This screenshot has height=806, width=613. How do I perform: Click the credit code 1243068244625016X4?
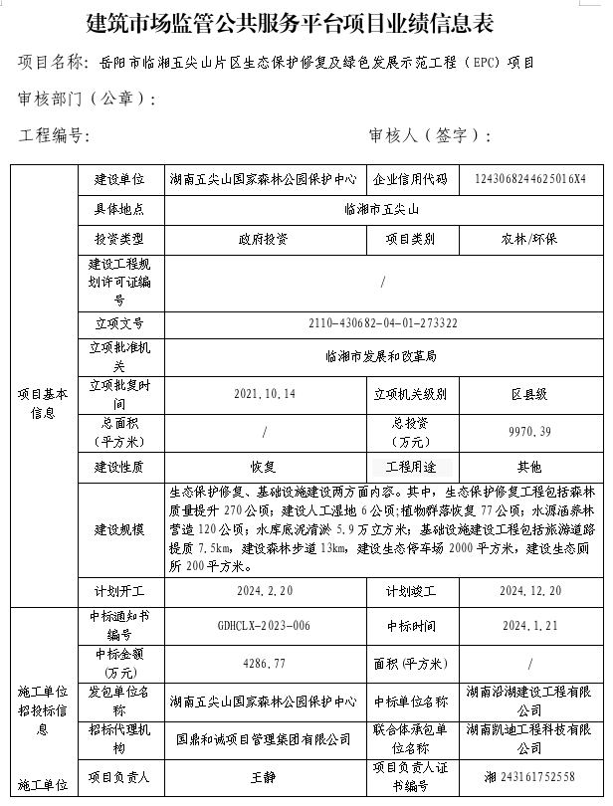pyautogui.click(x=530, y=180)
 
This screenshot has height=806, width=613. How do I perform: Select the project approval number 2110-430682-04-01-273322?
pyautogui.click(x=383, y=323)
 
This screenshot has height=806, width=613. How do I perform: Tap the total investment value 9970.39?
pyautogui.click(x=529, y=431)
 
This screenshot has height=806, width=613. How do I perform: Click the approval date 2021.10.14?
pyautogui.click(x=265, y=394)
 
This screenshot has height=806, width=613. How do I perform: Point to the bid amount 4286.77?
pyautogui.click(x=264, y=661)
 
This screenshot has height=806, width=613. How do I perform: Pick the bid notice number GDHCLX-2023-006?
pyautogui.click(x=264, y=625)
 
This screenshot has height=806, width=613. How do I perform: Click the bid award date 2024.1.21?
pyautogui.click(x=529, y=625)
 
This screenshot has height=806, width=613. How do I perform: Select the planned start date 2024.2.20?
pyautogui.click(x=265, y=590)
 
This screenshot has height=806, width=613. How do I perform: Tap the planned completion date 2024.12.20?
pyautogui.click(x=529, y=590)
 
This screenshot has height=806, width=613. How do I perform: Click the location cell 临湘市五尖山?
pyautogui.click(x=383, y=210)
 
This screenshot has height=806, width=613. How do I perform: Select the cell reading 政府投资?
pyautogui.click(x=264, y=239)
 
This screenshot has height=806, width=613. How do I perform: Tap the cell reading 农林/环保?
pyautogui.click(x=529, y=239)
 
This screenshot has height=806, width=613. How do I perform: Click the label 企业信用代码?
pyautogui.click(x=411, y=180)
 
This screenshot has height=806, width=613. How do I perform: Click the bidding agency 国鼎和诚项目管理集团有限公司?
pyautogui.click(x=264, y=739)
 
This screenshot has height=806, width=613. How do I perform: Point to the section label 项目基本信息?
pyautogui.click(x=43, y=403)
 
